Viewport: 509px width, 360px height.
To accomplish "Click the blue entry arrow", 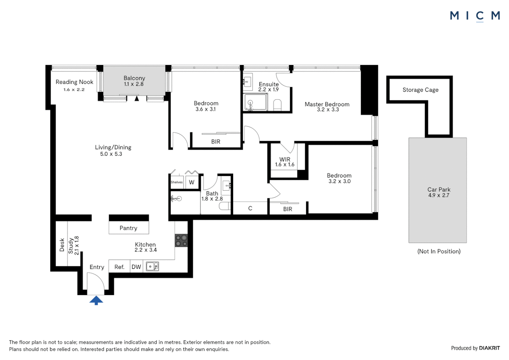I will [x=96, y=300].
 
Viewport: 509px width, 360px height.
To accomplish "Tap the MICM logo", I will [x=475, y=16].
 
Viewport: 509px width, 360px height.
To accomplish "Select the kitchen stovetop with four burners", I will [x=181, y=241].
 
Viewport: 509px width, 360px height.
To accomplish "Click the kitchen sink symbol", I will [x=152, y=266].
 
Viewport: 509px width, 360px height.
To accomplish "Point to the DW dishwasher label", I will [x=136, y=267].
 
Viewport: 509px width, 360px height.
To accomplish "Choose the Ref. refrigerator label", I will [x=119, y=267].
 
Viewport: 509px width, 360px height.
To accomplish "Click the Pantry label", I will [x=128, y=228].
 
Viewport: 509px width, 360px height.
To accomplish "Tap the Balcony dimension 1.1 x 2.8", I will [x=134, y=84].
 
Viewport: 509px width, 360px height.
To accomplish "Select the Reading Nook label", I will [x=74, y=82].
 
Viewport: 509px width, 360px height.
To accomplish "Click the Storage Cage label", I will [x=420, y=90].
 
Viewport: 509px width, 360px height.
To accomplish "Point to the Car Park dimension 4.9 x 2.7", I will [x=439, y=195].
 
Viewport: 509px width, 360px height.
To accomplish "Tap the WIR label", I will [x=285, y=159].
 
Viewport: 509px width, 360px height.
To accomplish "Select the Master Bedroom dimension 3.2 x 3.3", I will [x=328, y=110].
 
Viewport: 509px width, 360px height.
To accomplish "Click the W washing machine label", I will [x=192, y=182].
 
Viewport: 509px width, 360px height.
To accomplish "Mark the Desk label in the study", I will [x=62, y=245].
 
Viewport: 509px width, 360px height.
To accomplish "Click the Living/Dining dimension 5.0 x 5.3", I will [x=111, y=154].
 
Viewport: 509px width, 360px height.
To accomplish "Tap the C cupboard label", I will [x=250, y=208].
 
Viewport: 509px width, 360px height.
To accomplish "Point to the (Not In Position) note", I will [x=439, y=251].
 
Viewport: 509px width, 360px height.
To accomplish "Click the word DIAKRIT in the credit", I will [x=489, y=348].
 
